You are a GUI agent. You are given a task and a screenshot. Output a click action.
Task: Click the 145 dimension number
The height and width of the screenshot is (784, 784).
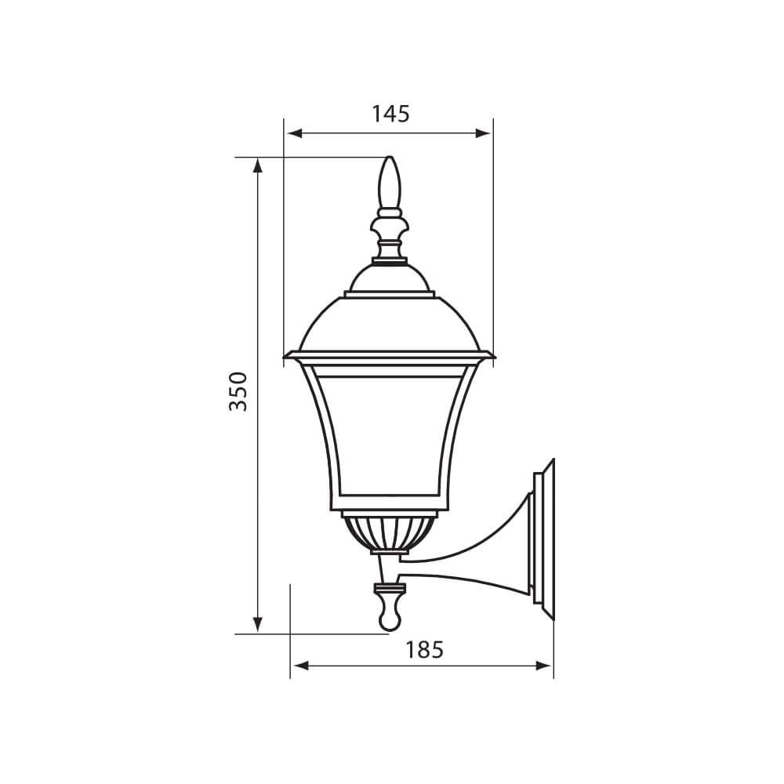(390, 114)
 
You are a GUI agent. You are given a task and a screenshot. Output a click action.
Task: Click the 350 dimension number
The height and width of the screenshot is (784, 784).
(238, 391)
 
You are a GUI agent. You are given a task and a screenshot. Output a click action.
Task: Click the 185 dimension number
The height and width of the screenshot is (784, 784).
(424, 649)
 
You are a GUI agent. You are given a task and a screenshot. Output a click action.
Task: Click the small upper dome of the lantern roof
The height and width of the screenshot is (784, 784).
(390, 279)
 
